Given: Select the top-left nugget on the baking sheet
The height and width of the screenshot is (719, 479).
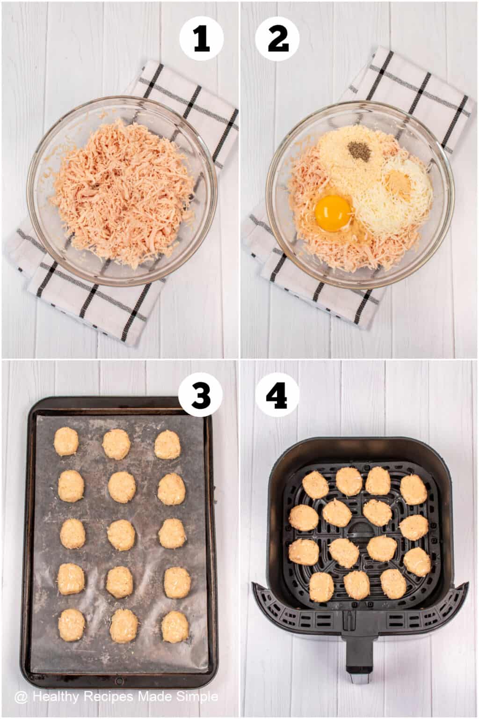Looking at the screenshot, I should point(65,441).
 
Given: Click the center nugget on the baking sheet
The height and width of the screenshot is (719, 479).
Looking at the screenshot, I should point(121,534).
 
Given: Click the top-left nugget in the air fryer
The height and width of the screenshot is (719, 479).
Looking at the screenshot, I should point(316,484).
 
